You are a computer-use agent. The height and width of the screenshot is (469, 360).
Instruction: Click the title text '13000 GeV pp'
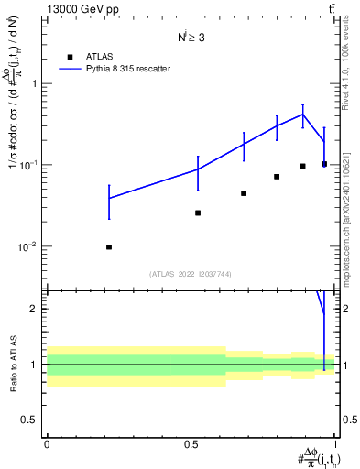[82, 9]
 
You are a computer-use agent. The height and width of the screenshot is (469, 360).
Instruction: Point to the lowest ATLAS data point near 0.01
[109, 246]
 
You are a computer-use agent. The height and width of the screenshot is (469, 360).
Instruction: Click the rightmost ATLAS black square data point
[324, 164]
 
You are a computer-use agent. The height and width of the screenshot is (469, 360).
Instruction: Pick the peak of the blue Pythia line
[303, 115]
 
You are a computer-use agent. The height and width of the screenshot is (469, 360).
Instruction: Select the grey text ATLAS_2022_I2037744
[191, 274]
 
